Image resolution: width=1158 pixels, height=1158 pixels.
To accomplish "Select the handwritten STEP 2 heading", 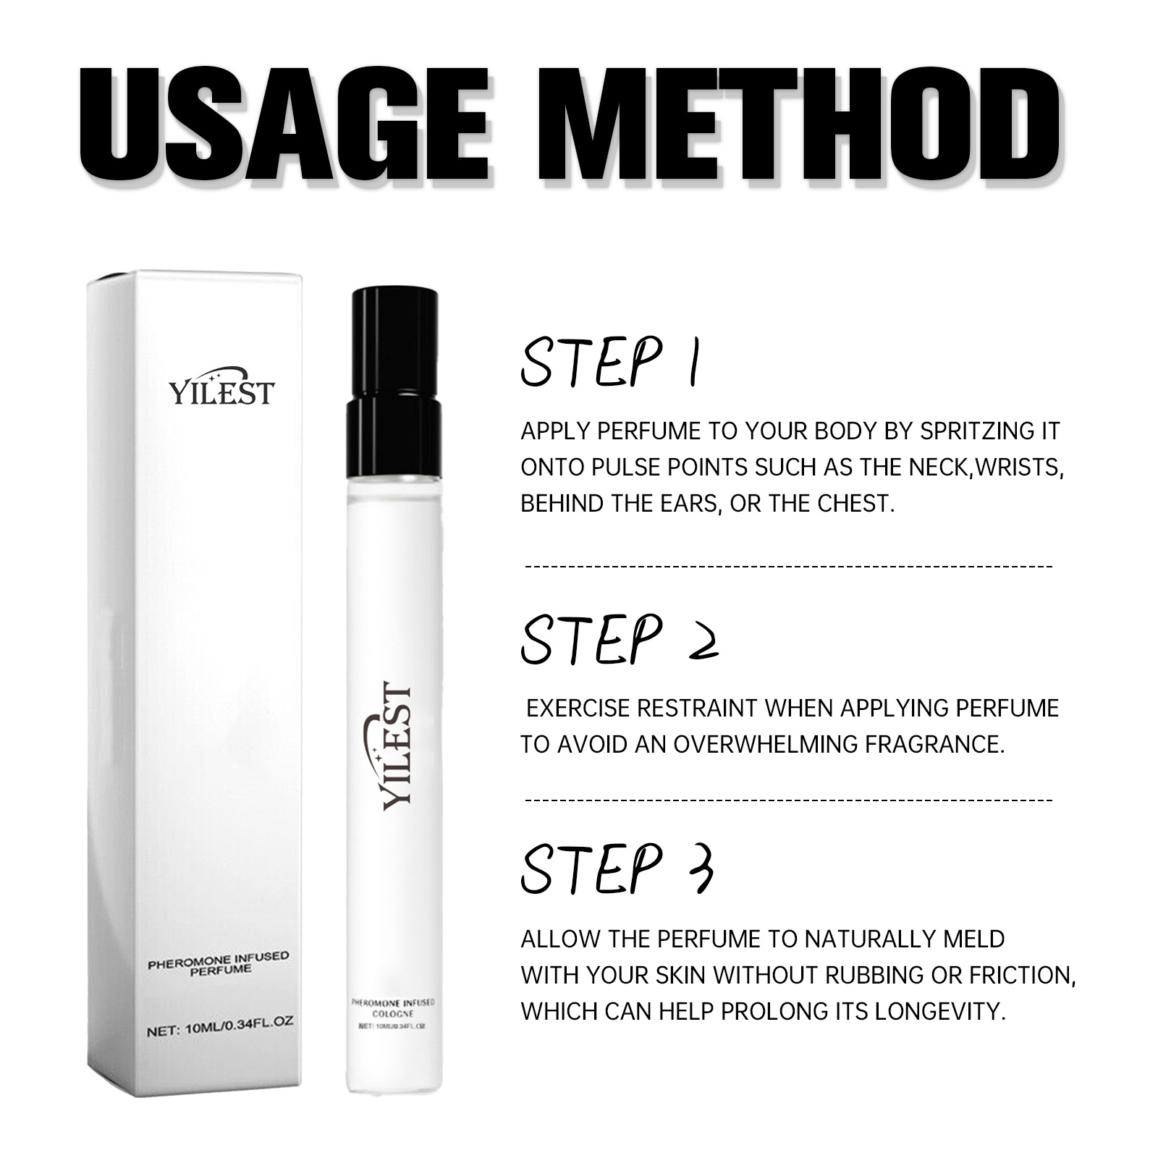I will coord(619,640).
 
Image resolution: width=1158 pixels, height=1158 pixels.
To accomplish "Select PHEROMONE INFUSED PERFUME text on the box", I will coord(219,963).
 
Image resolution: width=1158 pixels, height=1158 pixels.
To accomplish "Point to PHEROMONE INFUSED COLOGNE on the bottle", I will coord(393,1007).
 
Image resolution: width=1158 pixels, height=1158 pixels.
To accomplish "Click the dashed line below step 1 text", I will coord(788,566).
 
